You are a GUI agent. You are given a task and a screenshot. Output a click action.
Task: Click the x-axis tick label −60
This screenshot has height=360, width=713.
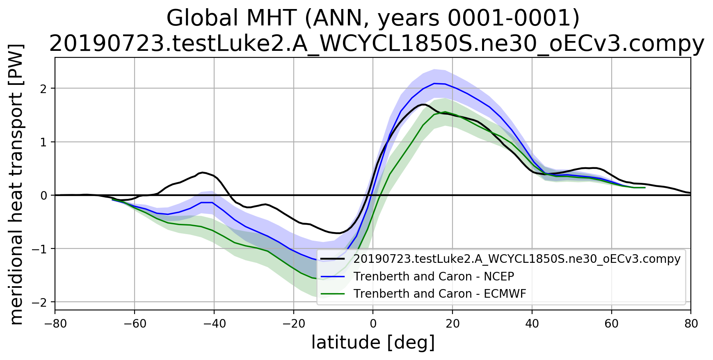pyautogui.click(x=135, y=324)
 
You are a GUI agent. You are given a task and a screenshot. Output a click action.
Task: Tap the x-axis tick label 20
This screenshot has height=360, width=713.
pyautogui.click(x=452, y=324)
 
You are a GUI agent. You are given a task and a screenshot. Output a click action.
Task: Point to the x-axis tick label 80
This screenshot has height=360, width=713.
pyautogui.click(x=691, y=324)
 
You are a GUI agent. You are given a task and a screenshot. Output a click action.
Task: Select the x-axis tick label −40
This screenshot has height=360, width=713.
pyautogui.click(x=214, y=324)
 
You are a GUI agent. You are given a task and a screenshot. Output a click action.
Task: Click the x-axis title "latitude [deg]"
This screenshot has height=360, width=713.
pyautogui.click(x=373, y=343)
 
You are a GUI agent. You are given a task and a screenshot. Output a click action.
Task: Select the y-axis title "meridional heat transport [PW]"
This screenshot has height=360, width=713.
pyautogui.click(x=16, y=184)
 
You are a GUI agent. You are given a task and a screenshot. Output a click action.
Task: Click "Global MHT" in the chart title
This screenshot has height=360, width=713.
pyautogui.click(x=231, y=18)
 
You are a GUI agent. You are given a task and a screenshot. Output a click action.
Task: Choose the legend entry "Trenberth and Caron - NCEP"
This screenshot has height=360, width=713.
pyautogui.click(x=434, y=277)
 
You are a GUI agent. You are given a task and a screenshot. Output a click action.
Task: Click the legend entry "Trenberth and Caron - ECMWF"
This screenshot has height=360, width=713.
pyautogui.click(x=439, y=294)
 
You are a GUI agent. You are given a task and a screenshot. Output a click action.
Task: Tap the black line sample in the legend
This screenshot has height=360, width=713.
pyautogui.click(x=332, y=259)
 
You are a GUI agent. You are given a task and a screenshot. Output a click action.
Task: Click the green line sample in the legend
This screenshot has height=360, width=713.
pyautogui.click(x=332, y=294)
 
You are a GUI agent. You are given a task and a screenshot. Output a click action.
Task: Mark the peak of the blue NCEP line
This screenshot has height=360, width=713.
pyautogui.click(x=434, y=83)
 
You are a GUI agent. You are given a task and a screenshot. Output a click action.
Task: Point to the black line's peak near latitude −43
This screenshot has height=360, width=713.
pyautogui.click(x=203, y=172)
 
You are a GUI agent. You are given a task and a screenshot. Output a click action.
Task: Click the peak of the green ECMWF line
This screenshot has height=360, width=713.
pyautogui.click(x=445, y=112)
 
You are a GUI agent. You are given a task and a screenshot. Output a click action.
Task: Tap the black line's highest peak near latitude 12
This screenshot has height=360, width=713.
pyautogui.click(x=423, y=105)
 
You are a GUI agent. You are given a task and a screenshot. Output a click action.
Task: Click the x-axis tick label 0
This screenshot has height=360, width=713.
pyautogui.click(x=373, y=324)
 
